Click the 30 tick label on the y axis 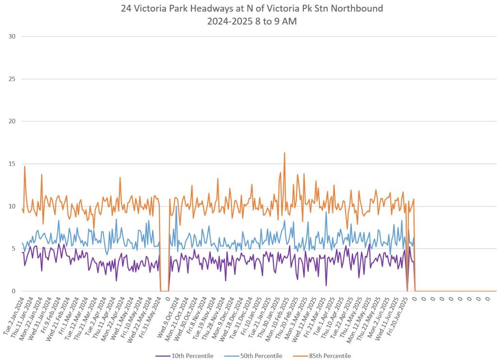click(x=11, y=36)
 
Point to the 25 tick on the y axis click(x=11, y=79)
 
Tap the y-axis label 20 click(x=11, y=121)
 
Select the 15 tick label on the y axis click(x=11, y=164)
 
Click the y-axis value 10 click(x=11, y=206)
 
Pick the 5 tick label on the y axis click(x=13, y=249)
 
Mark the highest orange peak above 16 click(x=284, y=153)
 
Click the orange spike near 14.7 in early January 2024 click(x=24, y=167)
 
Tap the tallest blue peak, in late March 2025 click(x=326, y=212)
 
